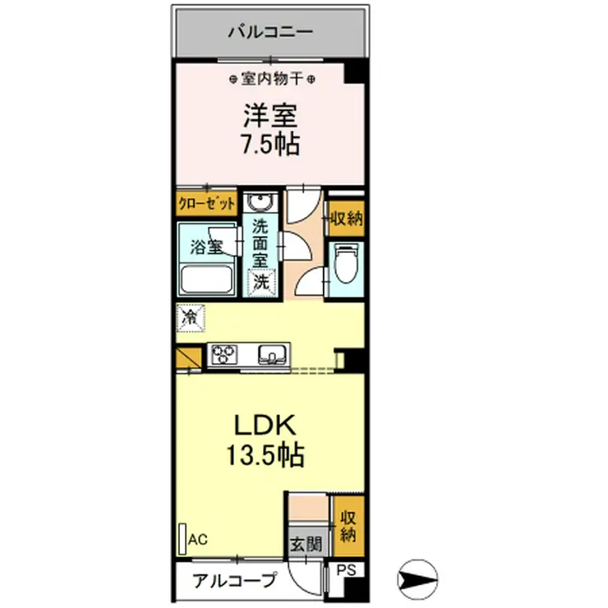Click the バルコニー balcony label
pos(269,34)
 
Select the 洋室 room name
pos(269,114)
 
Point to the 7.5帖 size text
pos(269,145)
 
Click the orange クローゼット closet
pos(206,203)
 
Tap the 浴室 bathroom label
pos(206,246)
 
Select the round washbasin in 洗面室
pos(260,203)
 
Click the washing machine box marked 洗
pos(260,281)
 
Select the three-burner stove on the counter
pos(223,355)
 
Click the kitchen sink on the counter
pos(271,355)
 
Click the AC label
pos(198,539)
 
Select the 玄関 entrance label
pos(300,544)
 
